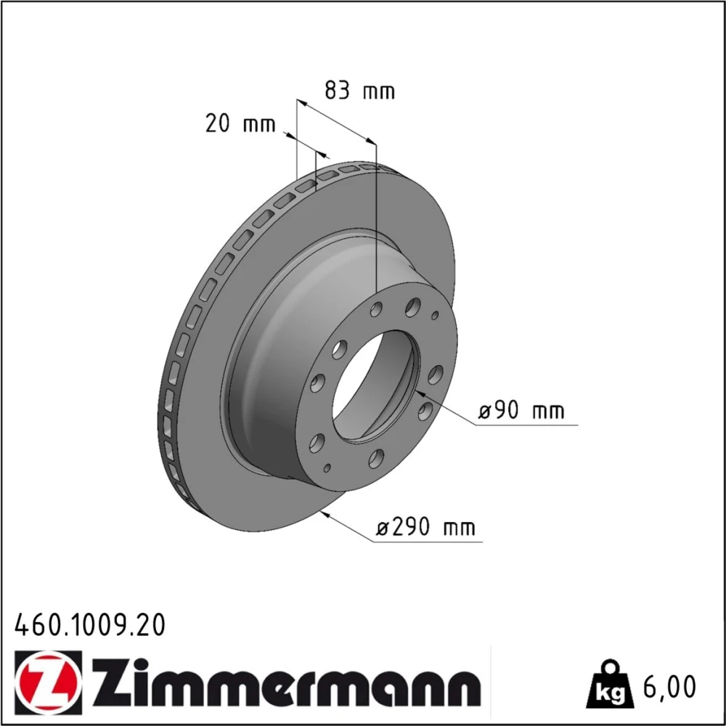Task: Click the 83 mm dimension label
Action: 359,90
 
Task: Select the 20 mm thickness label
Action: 240,123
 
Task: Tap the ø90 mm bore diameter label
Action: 521,411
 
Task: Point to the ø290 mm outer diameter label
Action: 425,527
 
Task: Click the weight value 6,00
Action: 669,687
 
